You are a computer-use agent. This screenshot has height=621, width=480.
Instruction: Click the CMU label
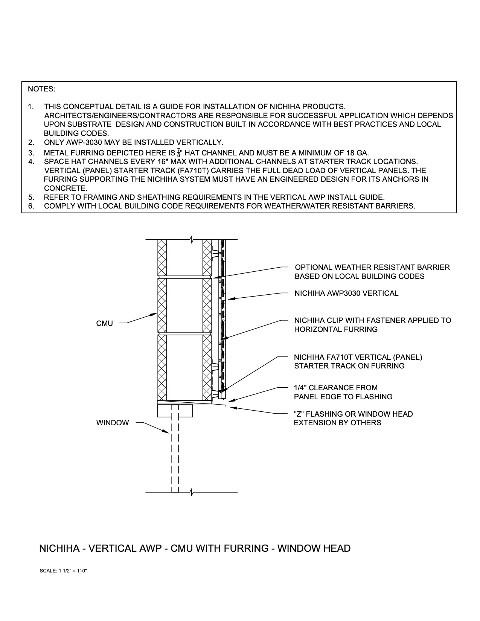point(104,323)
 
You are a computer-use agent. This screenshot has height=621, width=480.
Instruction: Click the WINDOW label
point(112,423)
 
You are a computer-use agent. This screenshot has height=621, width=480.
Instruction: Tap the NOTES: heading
point(41,89)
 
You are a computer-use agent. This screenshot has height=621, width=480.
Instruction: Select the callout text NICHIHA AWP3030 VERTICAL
point(346,293)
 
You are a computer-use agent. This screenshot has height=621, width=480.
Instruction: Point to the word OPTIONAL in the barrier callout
point(312,267)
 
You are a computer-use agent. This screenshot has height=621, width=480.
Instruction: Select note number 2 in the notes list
point(31,143)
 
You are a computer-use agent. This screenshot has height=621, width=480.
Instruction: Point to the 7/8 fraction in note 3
point(179,153)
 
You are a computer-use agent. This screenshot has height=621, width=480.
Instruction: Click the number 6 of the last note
point(31,206)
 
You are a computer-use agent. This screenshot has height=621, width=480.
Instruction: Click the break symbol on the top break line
point(192,239)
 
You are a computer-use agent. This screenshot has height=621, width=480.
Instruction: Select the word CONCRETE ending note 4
point(66,188)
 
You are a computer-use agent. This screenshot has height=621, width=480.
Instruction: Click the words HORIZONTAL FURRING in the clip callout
point(335,329)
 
